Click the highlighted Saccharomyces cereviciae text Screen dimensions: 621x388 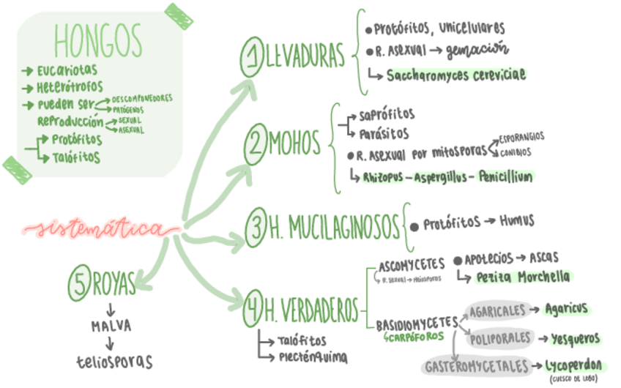pos(457,75)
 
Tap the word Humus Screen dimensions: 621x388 pos(518,220)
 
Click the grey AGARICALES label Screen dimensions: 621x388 pos(498,310)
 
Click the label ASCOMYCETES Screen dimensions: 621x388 pos(412,263)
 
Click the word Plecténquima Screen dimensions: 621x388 pos(313,357)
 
